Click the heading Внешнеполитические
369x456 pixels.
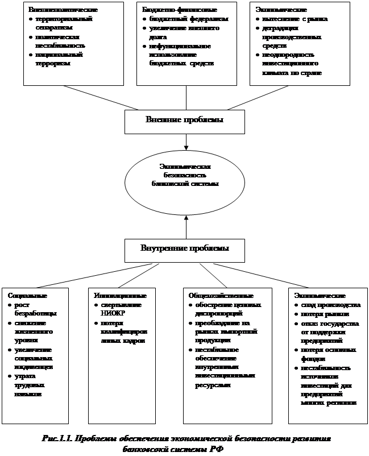(x=59, y=10)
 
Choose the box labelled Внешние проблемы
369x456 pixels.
(x=185, y=121)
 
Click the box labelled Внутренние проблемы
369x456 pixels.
(x=185, y=248)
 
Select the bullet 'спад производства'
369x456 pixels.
(x=330, y=305)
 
